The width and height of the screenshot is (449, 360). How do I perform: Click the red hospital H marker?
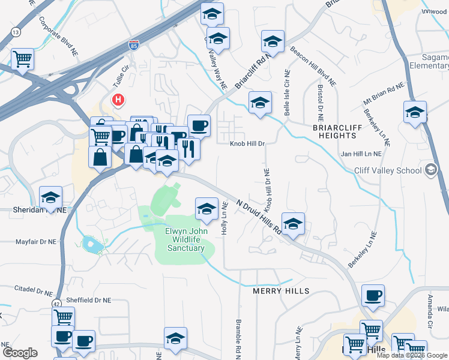[x=118, y=99]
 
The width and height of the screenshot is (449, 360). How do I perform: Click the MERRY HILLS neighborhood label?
[x=282, y=291]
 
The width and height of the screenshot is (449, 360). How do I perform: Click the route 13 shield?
[x=16, y=31]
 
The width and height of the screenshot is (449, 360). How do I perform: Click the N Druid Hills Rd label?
[x=259, y=217]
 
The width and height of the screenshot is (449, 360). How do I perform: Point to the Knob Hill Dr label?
[x=247, y=144]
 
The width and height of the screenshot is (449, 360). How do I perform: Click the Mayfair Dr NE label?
[x=36, y=242]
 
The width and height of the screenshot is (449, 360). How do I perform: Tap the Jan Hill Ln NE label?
[x=361, y=154]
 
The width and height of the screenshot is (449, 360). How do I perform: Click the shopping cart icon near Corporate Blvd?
[x=22, y=59]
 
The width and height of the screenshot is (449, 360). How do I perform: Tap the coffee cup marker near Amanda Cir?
[x=373, y=295]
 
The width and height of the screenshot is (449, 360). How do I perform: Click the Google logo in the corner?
[x=20, y=353]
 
